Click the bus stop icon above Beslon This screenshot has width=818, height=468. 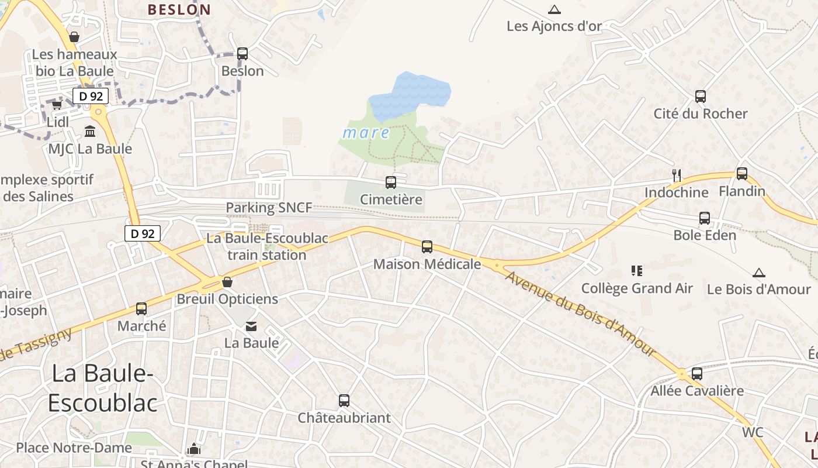(x=242, y=54)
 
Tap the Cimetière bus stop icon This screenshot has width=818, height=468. (x=391, y=183)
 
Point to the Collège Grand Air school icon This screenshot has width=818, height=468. (x=637, y=270)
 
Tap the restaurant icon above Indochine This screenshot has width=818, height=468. (x=677, y=175)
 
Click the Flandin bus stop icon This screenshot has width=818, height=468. (x=742, y=174)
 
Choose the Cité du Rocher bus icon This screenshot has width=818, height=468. (x=701, y=97)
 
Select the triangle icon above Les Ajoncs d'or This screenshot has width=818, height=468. (x=554, y=9)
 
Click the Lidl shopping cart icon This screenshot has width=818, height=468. (x=57, y=105)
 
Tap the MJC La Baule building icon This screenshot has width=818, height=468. (x=90, y=131)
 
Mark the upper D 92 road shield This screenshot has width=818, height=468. (x=91, y=96)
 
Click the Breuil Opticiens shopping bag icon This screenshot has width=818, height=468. (x=227, y=282)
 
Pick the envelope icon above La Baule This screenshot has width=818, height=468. (x=251, y=326)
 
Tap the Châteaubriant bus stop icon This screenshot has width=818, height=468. (x=344, y=401)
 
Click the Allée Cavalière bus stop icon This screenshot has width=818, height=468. (x=697, y=373)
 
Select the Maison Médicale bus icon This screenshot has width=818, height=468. (x=427, y=247)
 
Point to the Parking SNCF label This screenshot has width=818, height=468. (x=269, y=207)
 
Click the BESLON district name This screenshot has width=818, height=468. (x=179, y=9)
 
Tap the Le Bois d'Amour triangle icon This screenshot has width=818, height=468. (x=759, y=273)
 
